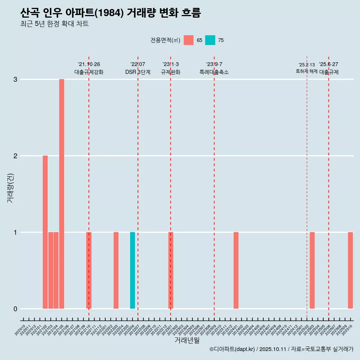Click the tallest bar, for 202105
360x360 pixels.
coord(61,194)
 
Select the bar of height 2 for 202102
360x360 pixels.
coord(45,232)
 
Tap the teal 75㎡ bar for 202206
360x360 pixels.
coord(132,270)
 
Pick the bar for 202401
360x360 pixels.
coord(236,270)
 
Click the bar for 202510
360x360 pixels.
coord(350,270)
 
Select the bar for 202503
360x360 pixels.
coord(312,270)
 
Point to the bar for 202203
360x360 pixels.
coord(116,270)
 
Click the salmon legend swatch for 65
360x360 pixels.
coord(189,40)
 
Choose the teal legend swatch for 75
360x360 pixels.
coord(210,40)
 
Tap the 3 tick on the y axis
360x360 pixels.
coord(15,79)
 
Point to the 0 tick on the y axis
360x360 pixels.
coord(15,309)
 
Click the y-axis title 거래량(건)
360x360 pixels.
coord(10,188)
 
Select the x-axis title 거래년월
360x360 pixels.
coord(187,340)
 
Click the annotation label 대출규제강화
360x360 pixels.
coord(89,72)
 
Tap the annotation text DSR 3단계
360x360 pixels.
coord(138,72)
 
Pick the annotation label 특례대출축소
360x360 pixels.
coord(214,72)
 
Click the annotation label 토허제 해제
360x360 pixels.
coord(306,71)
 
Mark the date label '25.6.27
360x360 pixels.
coord(328,64)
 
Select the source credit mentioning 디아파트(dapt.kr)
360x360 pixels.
coord(281,349)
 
